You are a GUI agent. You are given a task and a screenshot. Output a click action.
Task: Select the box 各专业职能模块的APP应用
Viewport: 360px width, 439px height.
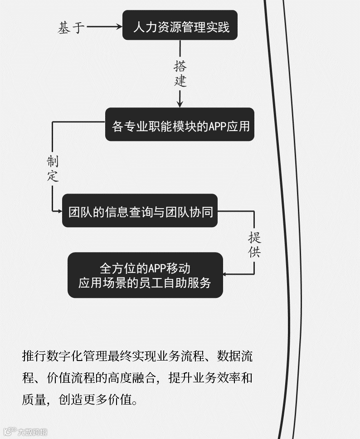[x=180, y=125]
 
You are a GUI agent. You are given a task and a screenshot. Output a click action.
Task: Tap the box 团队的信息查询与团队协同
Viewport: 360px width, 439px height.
[x=140, y=211]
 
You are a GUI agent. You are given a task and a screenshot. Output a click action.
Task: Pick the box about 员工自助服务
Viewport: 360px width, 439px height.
[x=145, y=275]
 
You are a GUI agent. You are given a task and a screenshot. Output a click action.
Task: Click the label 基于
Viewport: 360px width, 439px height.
[x=71, y=28]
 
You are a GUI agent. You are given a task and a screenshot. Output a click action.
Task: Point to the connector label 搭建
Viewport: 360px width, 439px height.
[x=180, y=74]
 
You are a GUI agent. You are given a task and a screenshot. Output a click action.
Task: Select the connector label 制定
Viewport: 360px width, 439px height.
[x=53, y=169]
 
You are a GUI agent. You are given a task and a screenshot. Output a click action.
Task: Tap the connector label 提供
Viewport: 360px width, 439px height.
[x=254, y=245]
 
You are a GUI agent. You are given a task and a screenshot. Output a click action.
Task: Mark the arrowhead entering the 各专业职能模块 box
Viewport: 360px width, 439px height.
[x=180, y=104]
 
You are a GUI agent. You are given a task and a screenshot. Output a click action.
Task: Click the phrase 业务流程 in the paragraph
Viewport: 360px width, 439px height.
[x=179, y=356]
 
